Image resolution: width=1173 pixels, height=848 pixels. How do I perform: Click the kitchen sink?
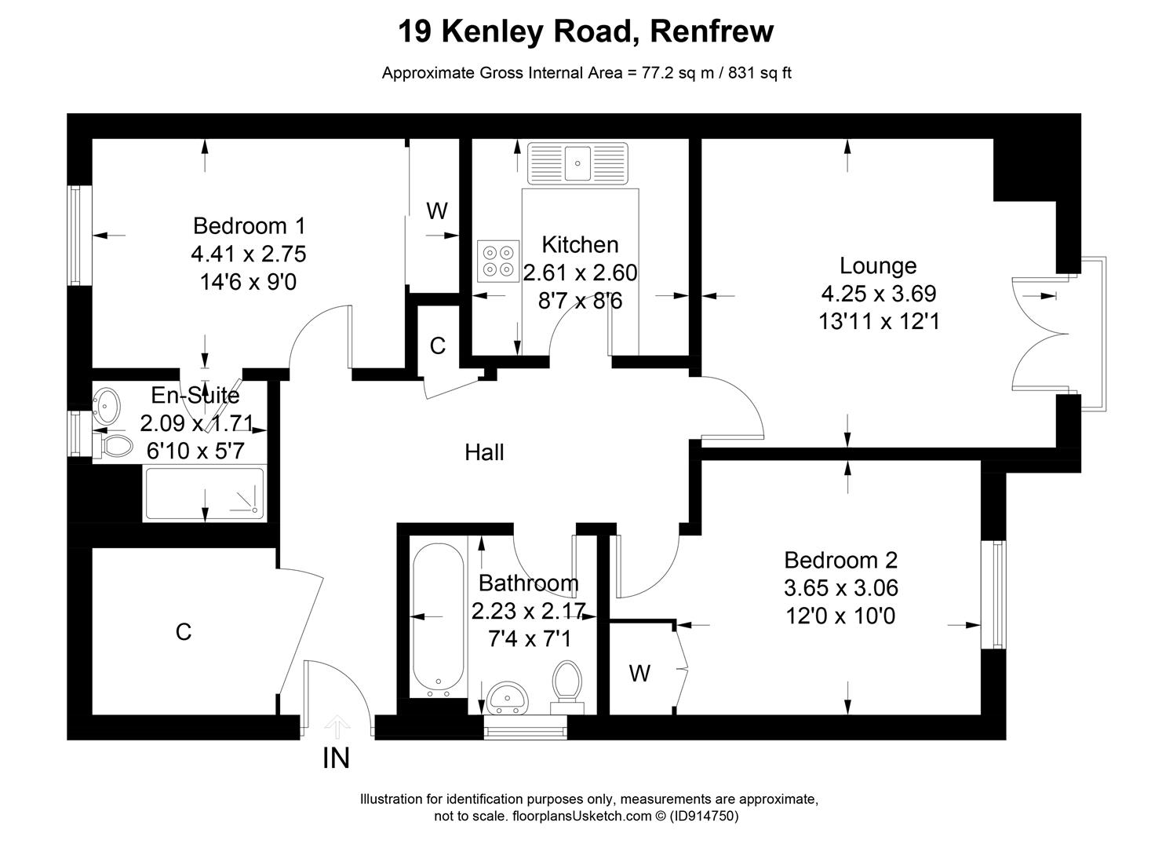pyautogui.click(x=578, y=163)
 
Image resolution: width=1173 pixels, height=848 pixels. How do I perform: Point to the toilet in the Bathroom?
pyautogui.click(x=566, y=682)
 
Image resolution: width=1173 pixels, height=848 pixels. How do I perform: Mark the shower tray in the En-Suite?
pyautogui.click(x=204, y=493)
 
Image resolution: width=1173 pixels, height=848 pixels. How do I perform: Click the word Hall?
pyautogui.click(x=484, y=452)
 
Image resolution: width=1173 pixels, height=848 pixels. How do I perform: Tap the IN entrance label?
pyautogui.click(x=336, y=758)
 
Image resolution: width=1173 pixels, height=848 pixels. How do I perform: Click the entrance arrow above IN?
pyautogui.click(x=337, y=726)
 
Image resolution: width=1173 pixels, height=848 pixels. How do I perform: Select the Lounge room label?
pyautogui.click(x=878, y=265)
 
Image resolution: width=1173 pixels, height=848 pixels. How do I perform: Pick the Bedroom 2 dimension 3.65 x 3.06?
pyautogui.click(x=840, y=587)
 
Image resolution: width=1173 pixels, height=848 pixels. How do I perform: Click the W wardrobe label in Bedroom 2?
pyautogui.click(x=639, y=673)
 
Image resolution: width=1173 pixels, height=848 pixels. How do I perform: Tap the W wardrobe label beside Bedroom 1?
pyautogui.click(x=436, y=210)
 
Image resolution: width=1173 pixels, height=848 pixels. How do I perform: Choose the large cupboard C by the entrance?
pyautogui.click(x=184, y=632)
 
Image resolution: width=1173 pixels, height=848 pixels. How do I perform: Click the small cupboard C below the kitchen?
pyautogui.click(x=438, y=345)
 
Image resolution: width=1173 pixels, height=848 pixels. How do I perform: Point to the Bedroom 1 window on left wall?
pyautogui.click(x=75, y=236)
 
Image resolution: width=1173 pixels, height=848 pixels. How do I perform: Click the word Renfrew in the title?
pyautogui.click(x=712, y=31)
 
